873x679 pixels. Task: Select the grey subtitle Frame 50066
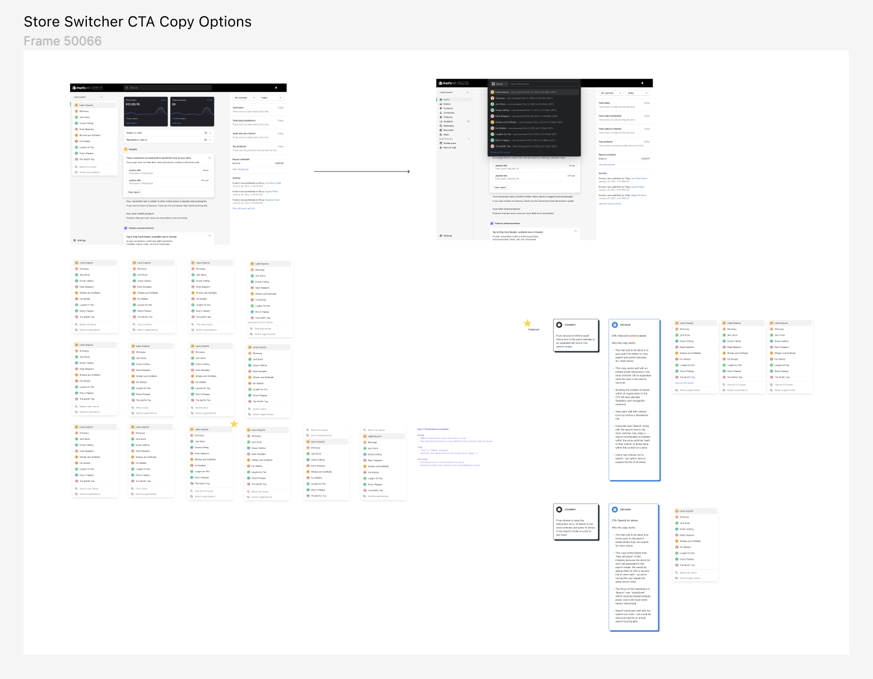(x=63, y=41)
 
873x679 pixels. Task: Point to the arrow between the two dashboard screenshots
(x=361, y=171)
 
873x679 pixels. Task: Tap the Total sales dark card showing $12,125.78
(x=146, y=111)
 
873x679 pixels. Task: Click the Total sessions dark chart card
(x=192, y=111)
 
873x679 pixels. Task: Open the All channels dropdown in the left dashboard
(x=244, y=97)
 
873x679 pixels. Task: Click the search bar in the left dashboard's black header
(x=168, y=88)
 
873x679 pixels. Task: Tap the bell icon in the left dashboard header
(x=276, y=88)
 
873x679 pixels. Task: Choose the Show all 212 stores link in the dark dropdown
(x=500, y=152)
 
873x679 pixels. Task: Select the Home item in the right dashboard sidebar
(x=447, y=100)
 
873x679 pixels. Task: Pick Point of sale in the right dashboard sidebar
(x=450, y=147)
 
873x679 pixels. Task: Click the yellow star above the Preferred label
(x=527, y=323)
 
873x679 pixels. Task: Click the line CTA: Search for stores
(x=625, y=520)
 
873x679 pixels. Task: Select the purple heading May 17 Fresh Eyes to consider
(x=433, y=429)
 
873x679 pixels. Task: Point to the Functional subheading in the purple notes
(x=422, y=459)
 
